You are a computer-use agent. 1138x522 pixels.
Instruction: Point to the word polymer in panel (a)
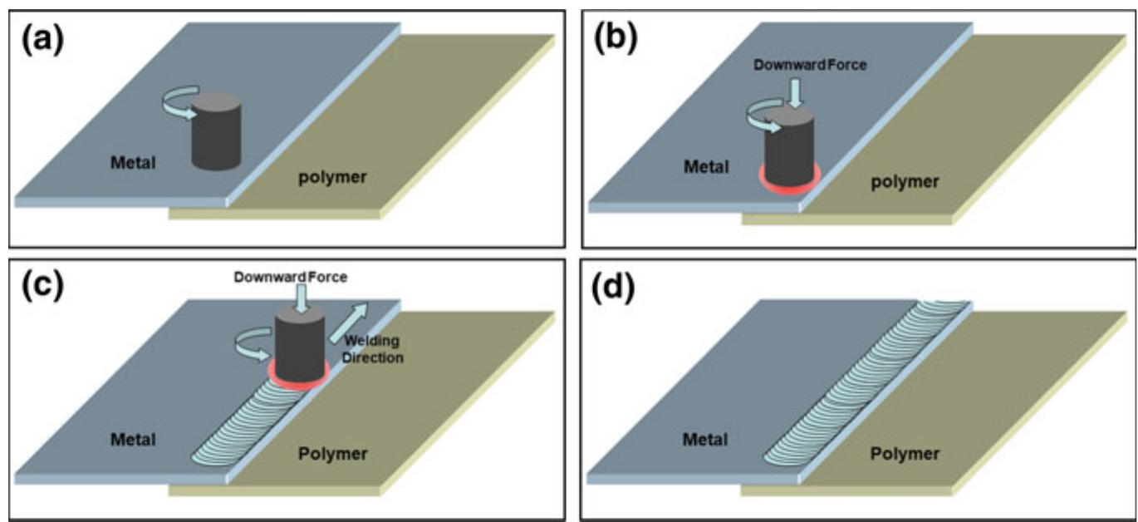(333, 177)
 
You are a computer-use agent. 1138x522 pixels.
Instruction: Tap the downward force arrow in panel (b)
(797, 91)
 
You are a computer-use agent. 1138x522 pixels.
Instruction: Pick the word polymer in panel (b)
(906, 182)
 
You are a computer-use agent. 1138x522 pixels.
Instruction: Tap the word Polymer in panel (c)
(332, 454)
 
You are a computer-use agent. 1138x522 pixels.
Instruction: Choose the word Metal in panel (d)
(706, 439)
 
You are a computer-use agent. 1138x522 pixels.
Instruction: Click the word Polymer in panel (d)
(905, 454)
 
